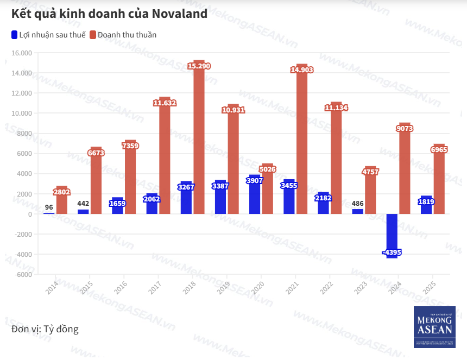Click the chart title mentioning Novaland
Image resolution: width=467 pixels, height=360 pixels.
109,14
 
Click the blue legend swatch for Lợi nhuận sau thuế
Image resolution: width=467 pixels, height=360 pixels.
15,35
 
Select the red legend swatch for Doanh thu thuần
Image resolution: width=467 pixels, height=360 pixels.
93,35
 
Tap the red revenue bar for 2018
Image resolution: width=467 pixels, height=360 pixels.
199,141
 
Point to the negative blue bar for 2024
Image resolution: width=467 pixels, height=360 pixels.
392,233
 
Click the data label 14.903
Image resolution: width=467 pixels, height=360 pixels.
302,70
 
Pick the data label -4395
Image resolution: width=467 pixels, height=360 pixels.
392,252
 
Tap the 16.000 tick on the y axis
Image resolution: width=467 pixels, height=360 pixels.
22,53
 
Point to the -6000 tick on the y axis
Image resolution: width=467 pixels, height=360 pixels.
22,274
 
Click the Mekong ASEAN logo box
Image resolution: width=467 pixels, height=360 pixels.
434,327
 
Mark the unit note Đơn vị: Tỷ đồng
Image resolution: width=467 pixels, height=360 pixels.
45,329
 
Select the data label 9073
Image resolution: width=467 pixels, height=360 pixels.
405,129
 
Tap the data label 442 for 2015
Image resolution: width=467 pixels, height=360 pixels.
83,204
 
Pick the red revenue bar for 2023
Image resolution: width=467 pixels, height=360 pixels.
370,193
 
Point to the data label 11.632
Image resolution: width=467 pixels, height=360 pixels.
165,103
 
